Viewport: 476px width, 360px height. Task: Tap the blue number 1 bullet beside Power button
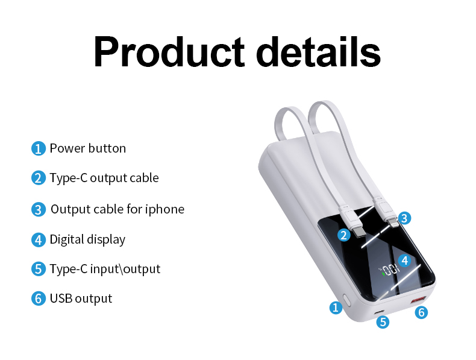click(39, 148)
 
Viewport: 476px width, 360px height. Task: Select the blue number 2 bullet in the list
click(39, 178)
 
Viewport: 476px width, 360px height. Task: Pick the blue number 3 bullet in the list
click(39, 209)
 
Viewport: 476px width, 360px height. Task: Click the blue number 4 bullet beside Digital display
click(39, 239)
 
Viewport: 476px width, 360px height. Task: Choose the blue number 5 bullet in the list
click(39, 269)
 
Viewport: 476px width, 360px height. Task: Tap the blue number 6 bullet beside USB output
click(39, 298)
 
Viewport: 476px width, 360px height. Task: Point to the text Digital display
click(87, 239)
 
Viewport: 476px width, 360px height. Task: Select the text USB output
click(81, 298)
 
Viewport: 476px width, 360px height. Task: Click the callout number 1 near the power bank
click(336, 308)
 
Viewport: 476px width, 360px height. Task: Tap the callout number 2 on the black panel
click(344, 235)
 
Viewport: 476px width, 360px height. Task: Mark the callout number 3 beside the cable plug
click(405, 218)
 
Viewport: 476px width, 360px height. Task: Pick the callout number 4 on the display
click(405, 261)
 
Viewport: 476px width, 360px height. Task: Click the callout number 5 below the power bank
click(383, 322)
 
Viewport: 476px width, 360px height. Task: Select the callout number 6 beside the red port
click(422, 312)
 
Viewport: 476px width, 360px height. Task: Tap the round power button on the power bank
click(347, 300)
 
